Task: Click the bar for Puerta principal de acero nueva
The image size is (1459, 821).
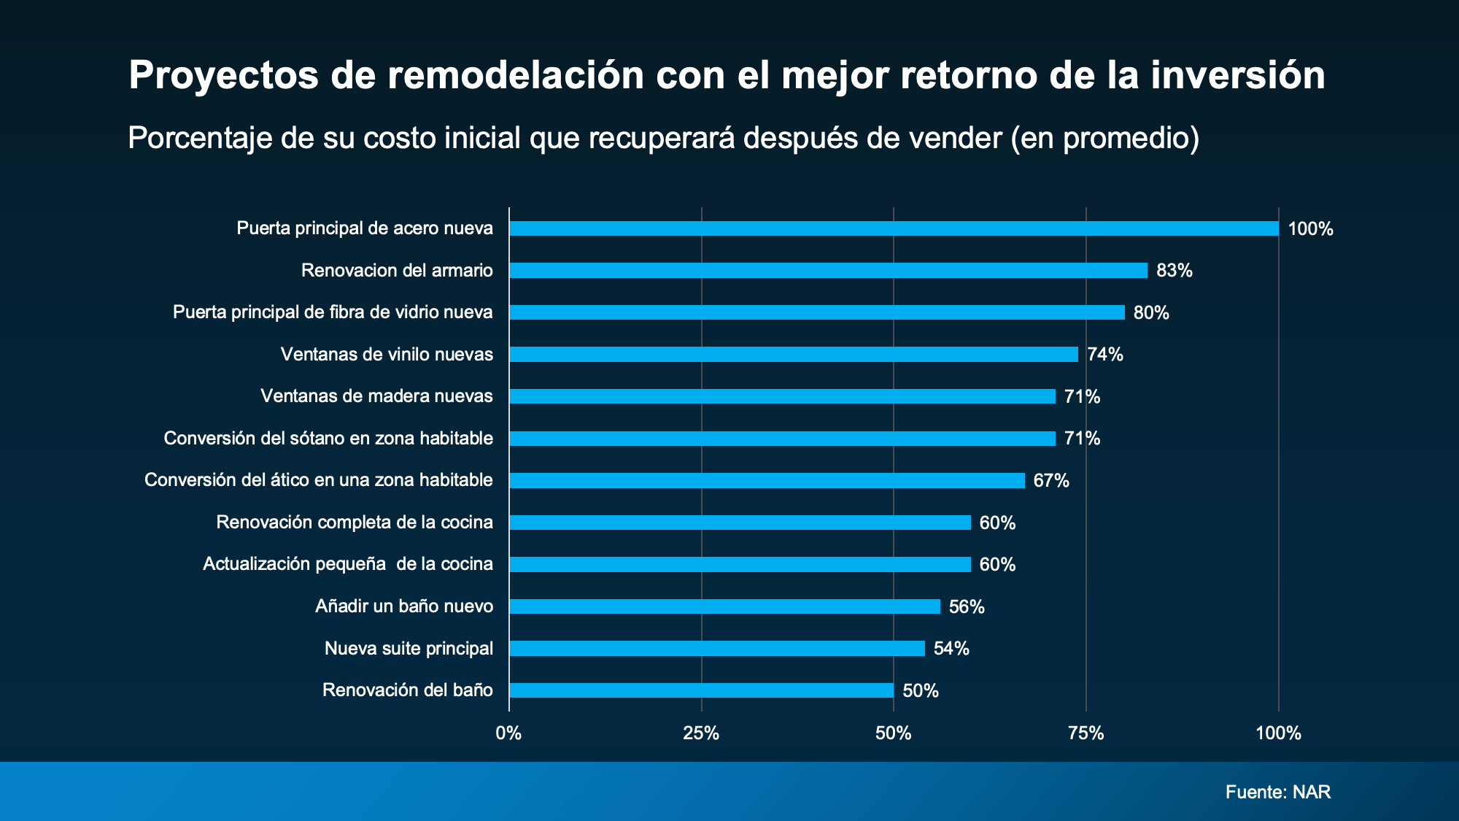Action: tap(894, 228)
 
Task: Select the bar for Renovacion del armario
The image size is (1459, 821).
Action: tap(828, 271)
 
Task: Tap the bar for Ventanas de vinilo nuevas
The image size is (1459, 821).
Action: tap(794, 355)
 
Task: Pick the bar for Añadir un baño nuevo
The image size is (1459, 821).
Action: tap(724, 606)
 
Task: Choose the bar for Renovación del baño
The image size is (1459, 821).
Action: tap(701, 690)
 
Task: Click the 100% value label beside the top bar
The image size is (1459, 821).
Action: tap(1310, 229)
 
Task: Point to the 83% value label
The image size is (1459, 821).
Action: tap(1174, 271)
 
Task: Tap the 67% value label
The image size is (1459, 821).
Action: tap(1050, 481)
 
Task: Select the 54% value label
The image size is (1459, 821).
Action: tap(951, 649)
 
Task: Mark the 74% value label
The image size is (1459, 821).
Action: tap(1104, 355)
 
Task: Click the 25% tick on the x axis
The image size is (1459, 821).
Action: tap(701, 733)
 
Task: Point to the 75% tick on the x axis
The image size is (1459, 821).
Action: tap(1085, 733)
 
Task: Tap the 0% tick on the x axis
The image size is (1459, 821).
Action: tap(508, 733)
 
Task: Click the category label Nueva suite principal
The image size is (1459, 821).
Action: tap(409, 649)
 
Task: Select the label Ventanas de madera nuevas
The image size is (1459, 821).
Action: tap(376, 396)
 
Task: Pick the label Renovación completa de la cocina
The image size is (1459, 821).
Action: tap(355, 523)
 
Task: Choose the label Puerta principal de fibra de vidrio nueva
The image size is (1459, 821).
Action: tap(333, 312)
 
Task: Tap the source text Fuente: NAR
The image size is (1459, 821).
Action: tap(1277, 793)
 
